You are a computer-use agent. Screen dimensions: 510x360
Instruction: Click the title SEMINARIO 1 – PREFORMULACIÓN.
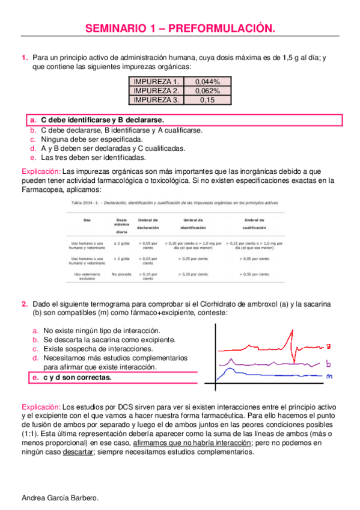180,28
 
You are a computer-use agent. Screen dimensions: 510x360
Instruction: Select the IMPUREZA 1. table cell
156,82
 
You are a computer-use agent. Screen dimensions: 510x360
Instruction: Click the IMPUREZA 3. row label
156,100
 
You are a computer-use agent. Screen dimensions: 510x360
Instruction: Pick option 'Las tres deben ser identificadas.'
93,158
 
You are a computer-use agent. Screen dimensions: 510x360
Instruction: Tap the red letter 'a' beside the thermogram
329,346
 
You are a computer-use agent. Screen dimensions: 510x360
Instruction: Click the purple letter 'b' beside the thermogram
329,363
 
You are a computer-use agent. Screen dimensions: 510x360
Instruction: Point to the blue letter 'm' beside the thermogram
329,376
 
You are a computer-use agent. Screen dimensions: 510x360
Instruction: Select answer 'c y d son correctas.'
77,378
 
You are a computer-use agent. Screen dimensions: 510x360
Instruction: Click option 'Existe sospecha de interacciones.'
100,349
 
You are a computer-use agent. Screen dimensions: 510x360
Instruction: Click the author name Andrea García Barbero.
60,499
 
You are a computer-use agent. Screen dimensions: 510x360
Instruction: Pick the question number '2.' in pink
25,304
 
